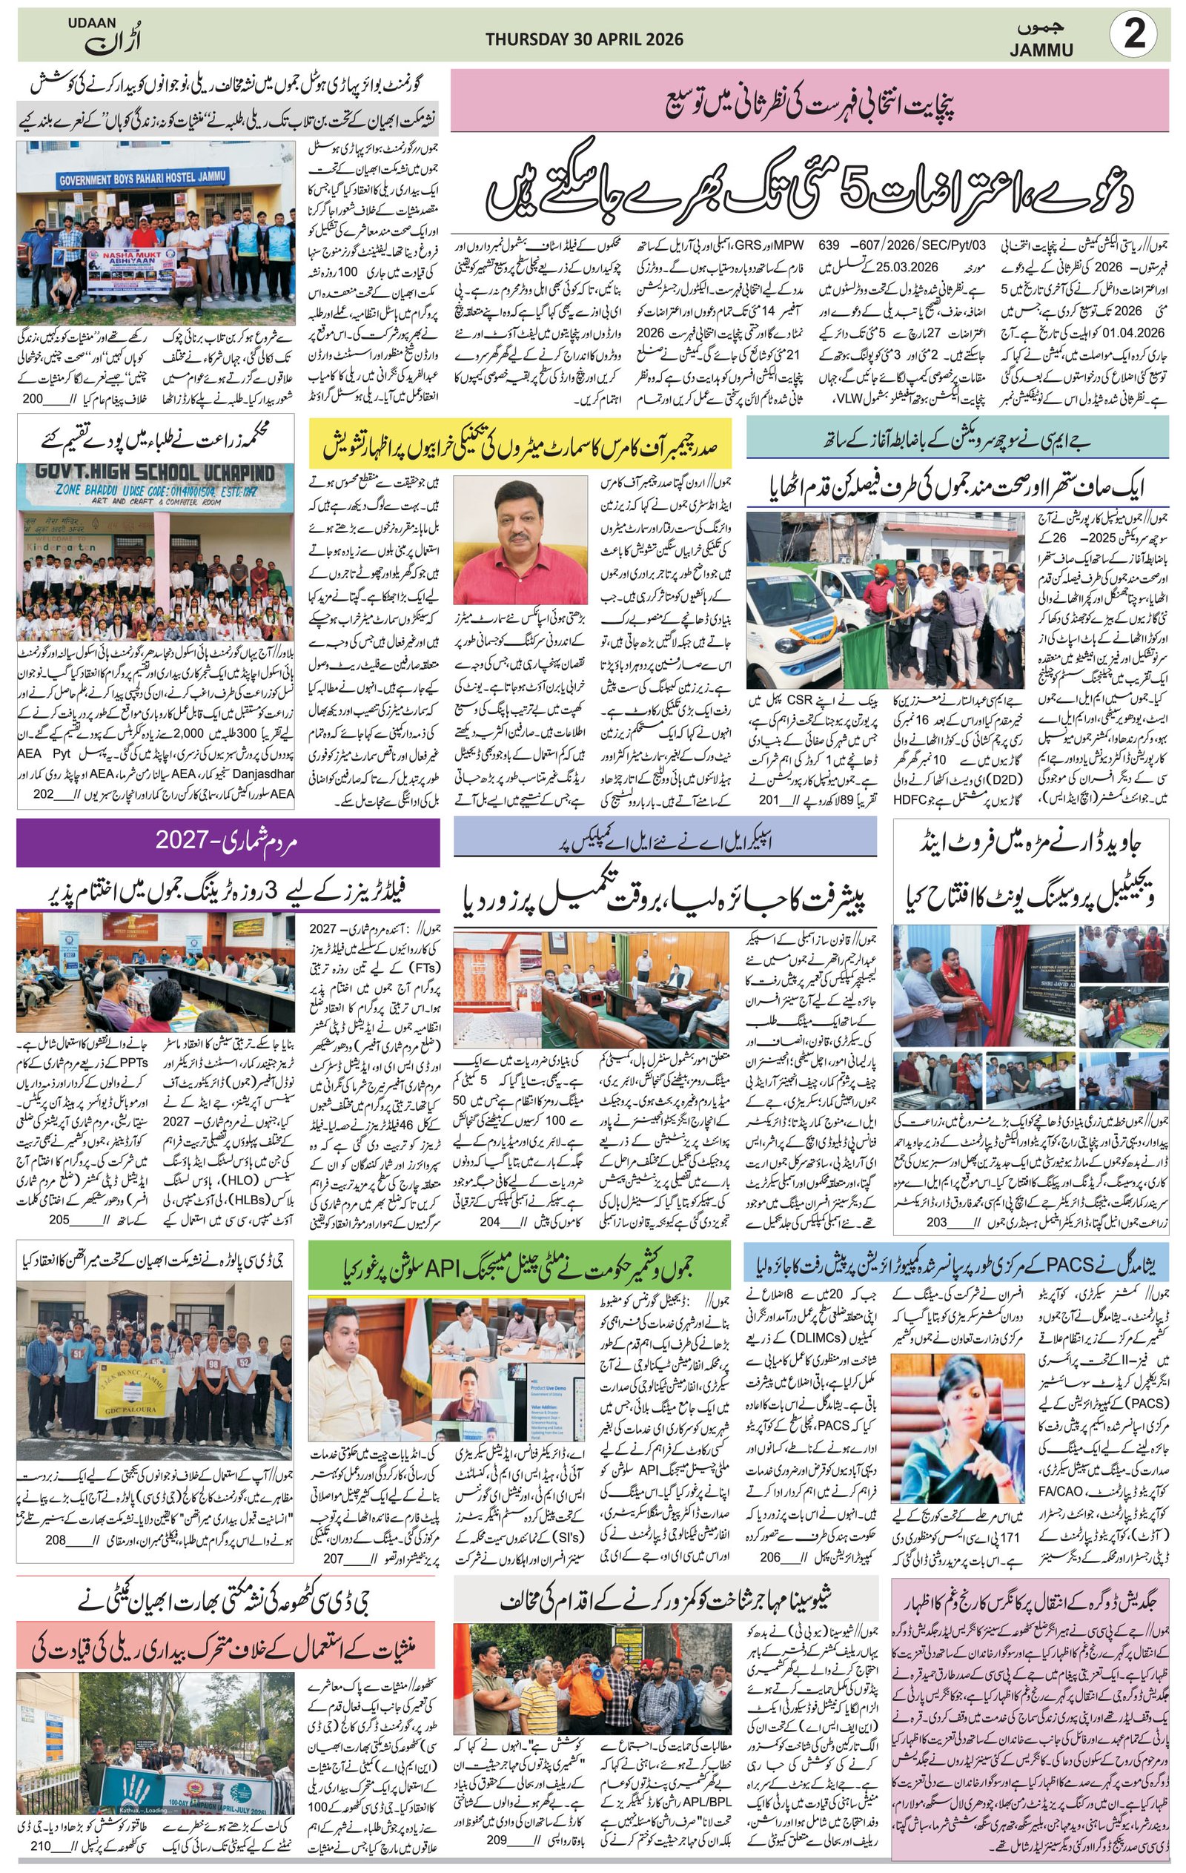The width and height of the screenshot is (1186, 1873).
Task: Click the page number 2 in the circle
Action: tap(1134, 36)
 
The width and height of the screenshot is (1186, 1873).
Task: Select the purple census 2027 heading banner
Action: tap(227, 841)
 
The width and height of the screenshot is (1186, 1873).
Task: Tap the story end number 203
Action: tap(936, 1222)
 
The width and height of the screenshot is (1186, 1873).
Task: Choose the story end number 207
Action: tap(334, 1537)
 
